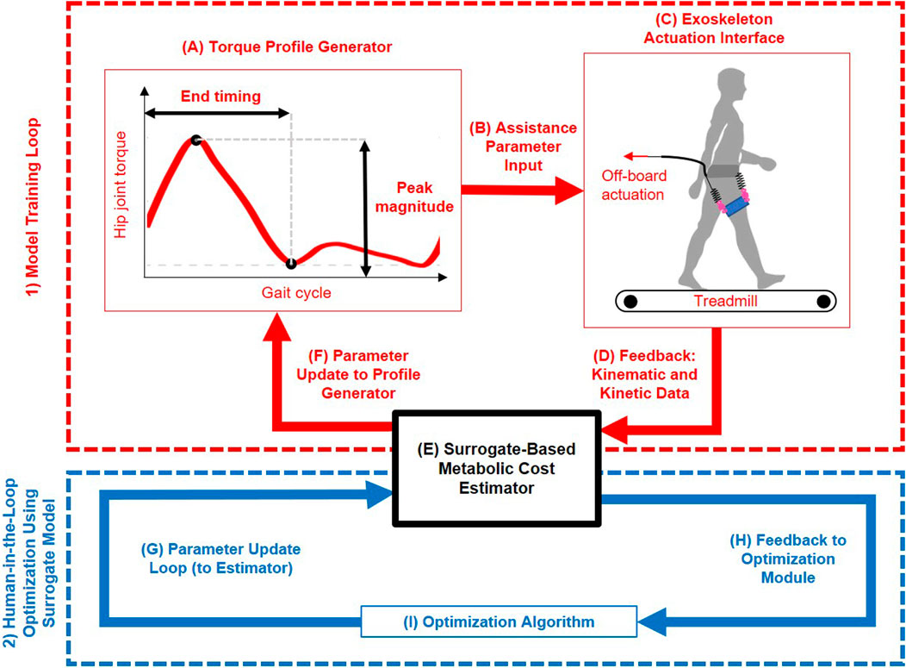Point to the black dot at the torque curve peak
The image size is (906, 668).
point(196,140)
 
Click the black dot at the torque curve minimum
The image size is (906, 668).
point(291,263)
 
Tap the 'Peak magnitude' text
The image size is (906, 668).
point(412,197)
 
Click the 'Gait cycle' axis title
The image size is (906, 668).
point(296,293)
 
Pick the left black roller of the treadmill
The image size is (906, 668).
point(631,301)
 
